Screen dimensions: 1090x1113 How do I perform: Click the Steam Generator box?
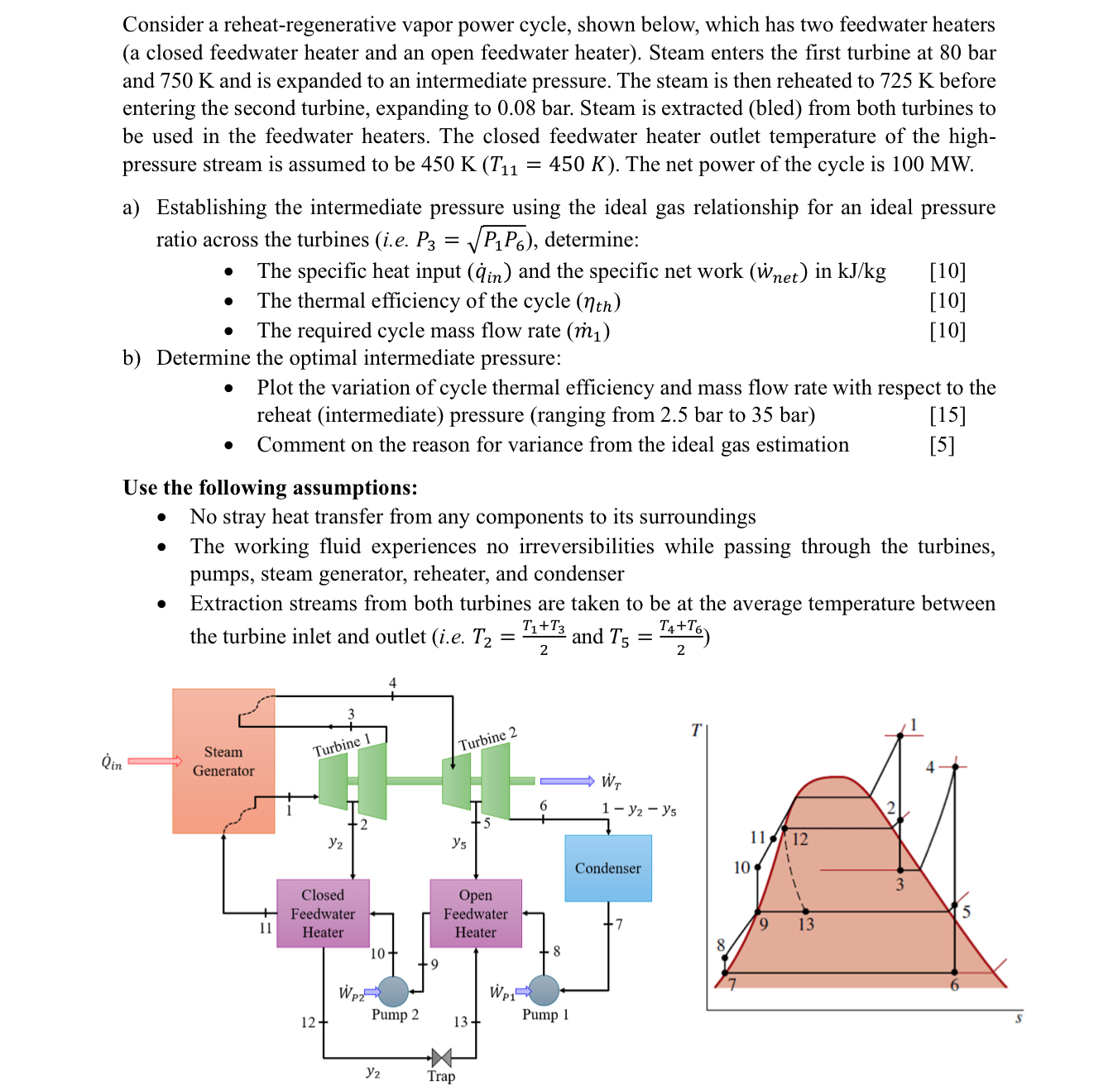(x=223, y=761)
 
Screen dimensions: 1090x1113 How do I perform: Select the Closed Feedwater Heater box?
(x=323, y=913)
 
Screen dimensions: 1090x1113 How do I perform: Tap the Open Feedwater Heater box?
(x=476, y=913)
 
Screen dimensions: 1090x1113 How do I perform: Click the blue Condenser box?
(x=608, y=868)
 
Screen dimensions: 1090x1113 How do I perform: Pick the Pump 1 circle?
(x=544, y=990)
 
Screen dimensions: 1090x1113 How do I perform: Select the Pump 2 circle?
(x=393, y=991)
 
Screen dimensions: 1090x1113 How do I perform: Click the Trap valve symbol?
(x=441, y=1057)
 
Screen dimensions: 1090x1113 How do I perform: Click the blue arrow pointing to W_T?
(x=567, y=781)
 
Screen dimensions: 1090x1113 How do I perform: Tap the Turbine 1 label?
(x=341, y=744)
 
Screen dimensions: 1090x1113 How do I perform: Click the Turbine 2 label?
(x=487, y=739)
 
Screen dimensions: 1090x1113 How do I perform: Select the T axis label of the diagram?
(x=696, y=729)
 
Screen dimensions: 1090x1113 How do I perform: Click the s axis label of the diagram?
(x=1019, y=1018)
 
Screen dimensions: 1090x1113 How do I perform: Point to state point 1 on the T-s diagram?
(x=900, y=735)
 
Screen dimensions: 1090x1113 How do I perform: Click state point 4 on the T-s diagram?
(x=954, y=767)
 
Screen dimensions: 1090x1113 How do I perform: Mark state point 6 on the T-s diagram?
(x=954, y=973)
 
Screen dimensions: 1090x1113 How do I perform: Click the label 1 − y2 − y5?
(x=639, y=810)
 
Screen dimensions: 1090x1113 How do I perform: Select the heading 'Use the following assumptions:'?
(x=271, y=487)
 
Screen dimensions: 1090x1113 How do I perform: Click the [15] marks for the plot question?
(x=947, y=415)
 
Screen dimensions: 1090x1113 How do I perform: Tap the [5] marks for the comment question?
(x=942, y=445)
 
